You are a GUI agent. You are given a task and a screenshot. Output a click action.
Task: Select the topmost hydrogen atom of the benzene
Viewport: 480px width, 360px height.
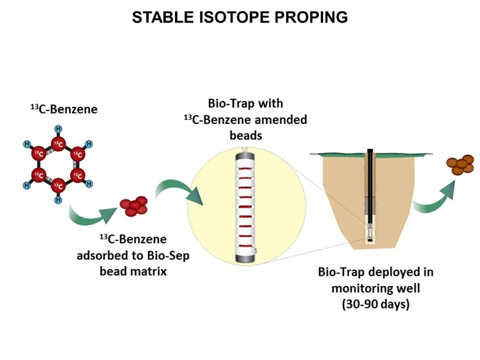pos(59,129)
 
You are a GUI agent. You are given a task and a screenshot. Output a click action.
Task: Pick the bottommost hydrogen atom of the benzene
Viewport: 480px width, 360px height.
pos(59,200)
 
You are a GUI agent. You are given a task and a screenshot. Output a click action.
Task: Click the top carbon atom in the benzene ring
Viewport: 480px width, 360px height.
pos(59,144)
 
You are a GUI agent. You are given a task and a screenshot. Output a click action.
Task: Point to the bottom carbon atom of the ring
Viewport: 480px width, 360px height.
pos(59,185)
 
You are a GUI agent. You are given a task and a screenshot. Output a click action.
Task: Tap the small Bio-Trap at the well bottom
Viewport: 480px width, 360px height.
pos(370,234)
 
